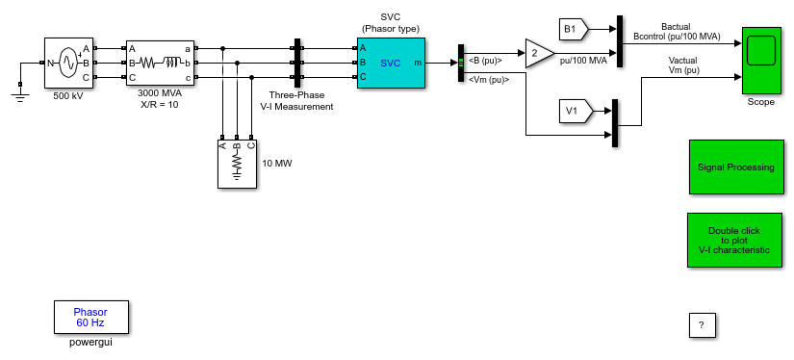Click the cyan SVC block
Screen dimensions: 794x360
pos(391,63)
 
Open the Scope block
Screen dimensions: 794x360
pos(761,61)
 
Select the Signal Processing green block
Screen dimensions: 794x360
pos(736,167)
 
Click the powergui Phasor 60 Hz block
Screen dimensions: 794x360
pos(91,317)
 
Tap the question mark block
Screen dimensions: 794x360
pos(702,325)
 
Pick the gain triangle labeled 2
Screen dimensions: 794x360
pos(538,53)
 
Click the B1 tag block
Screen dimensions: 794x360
pos(574,30)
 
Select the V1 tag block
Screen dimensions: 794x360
pos(575,112)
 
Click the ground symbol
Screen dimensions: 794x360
pos(20,93)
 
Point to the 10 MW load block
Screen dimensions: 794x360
pos(237,164)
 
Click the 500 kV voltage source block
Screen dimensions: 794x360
pos(69,63)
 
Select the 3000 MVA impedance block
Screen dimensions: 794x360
pos(160,63)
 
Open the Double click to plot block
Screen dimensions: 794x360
pos(733,240)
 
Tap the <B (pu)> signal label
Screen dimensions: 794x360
pos(485,61)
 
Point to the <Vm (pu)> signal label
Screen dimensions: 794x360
pos(489,79)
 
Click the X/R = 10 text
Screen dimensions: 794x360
pos(159,104)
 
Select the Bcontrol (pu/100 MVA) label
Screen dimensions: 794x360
pos(677,36)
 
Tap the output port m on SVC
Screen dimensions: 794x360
pos(418,63)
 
